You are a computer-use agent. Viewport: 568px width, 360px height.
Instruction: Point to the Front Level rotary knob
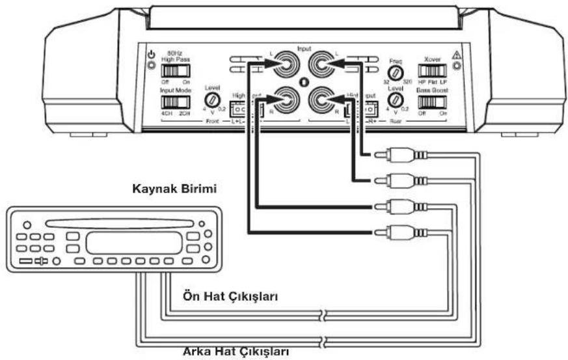211,100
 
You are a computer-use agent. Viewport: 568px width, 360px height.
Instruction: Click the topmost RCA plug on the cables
397,156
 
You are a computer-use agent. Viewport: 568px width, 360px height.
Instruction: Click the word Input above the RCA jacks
303,48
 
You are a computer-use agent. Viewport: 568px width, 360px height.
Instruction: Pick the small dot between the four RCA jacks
303,82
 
